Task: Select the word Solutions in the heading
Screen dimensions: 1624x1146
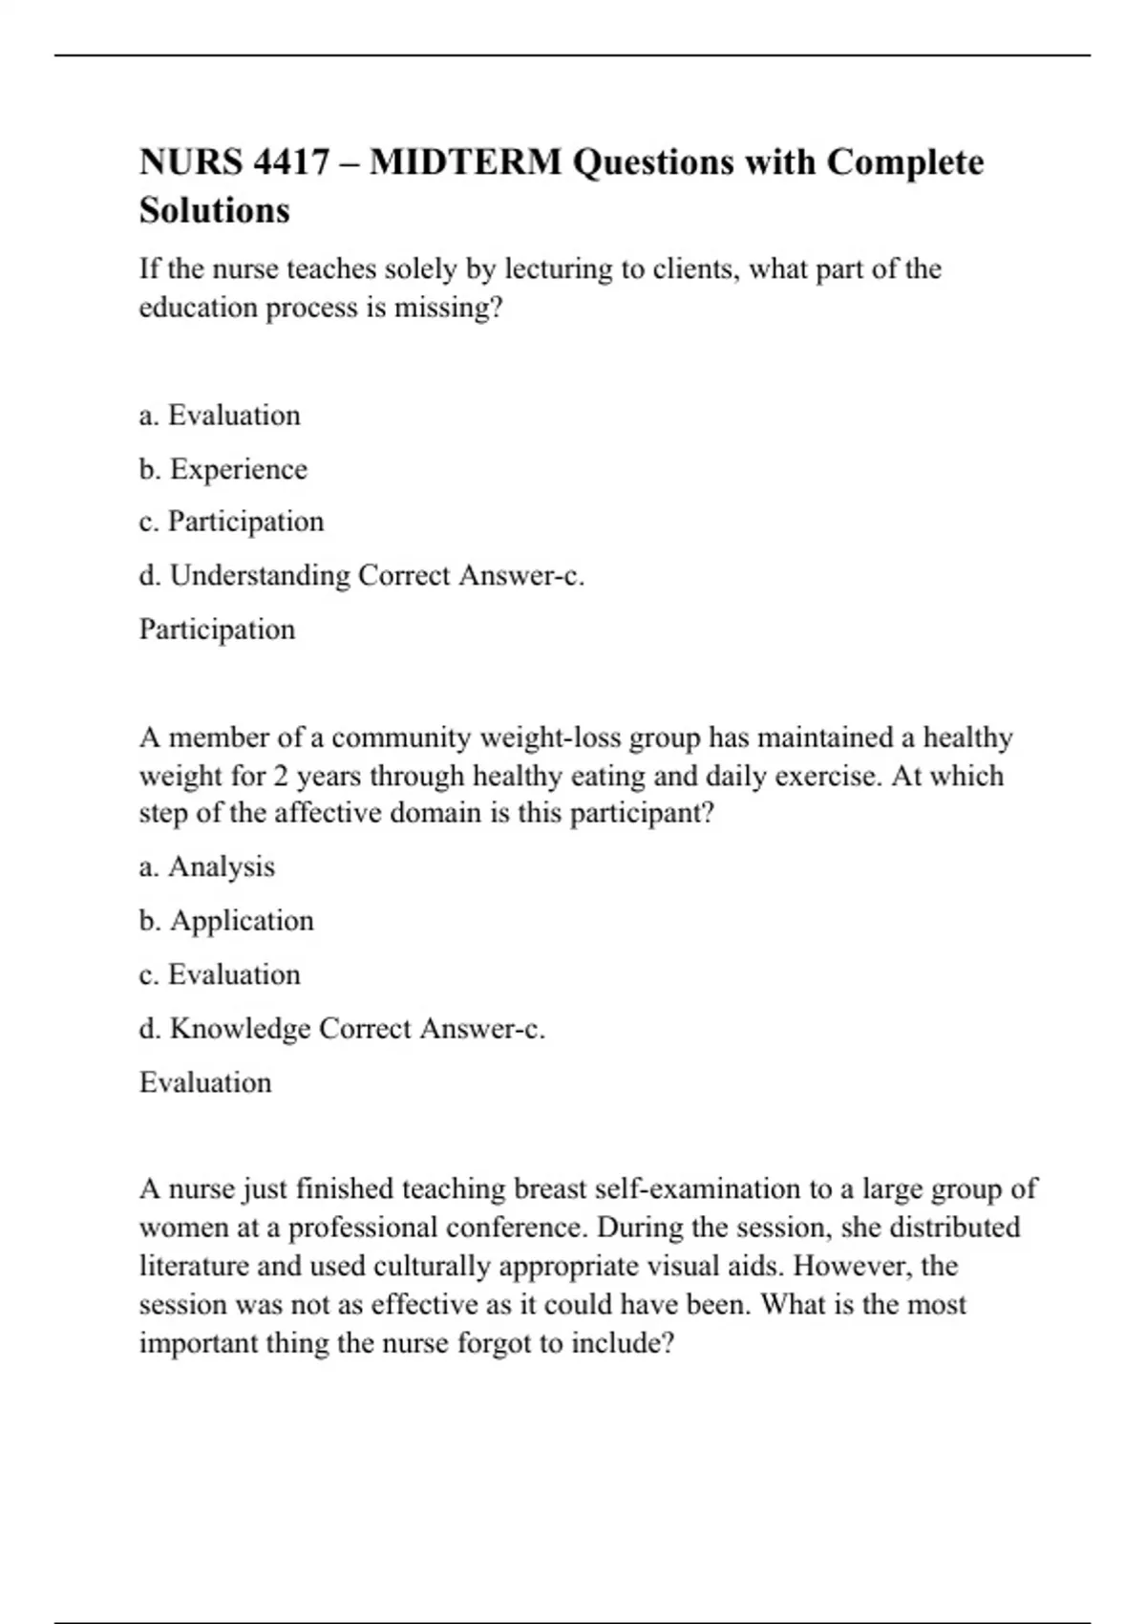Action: pyautogui.click(x=214, y=210)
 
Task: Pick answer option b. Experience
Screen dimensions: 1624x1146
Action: pyautogui.click(x=223, y=469)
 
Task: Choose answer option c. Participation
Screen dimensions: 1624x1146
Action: pyautogui.click(x=231, y=522)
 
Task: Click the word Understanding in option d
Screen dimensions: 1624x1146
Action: pyautogui.click(x=260, y=575)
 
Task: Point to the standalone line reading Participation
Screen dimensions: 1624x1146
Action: pyautogui.click(x=217, y=630)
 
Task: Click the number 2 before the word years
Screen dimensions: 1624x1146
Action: pyautogui.click(x=281, y=776)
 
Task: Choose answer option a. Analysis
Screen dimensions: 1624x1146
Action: pyautogui.click(x=206, y=866)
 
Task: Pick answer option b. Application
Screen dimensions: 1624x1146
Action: pyautogui.click(x=226, y=921)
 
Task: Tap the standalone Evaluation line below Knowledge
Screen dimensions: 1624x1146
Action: pyautogui.click(x=205, y=1082)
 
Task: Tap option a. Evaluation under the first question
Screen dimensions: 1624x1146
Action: pyautogui.click(x=220, y=416)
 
